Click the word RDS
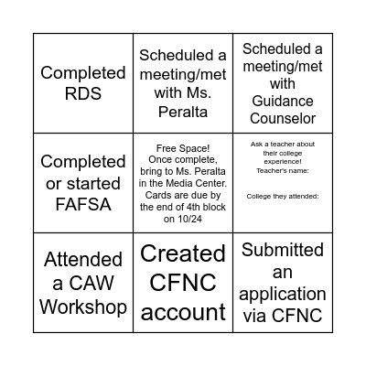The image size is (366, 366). click(82, 94)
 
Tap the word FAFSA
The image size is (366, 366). click(82, 204)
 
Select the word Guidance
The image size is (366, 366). click(283, 101)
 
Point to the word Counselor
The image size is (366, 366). click(283, 118)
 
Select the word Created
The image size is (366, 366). click(183, 253)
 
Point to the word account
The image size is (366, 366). click(183, 312)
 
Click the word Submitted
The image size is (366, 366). click(283, 250)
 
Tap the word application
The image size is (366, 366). click(283, 294)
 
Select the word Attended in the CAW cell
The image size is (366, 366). click(82, 259)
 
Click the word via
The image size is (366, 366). click(259, 317)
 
